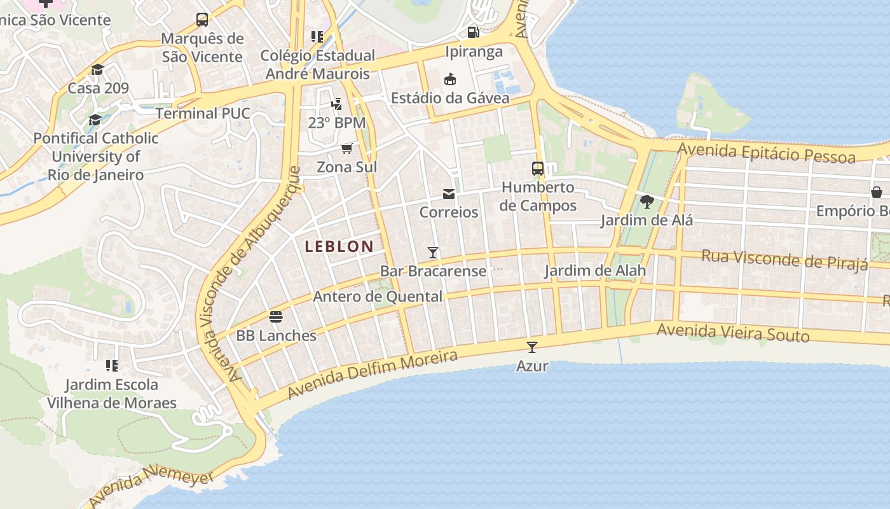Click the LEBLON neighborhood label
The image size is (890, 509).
click(339, 247)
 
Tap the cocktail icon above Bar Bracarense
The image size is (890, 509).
click(433, 253)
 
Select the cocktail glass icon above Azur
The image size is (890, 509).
click(532, 347)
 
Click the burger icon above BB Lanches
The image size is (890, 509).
click(276, 316)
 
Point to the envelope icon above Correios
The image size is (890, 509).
click(449, 193)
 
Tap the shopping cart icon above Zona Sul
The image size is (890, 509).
click(346, 148)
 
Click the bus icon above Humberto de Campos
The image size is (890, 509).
click(538, 169)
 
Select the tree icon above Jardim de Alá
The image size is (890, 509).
click(647, 202)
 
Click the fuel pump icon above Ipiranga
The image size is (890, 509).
click(474, 32)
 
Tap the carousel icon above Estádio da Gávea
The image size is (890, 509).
click(450, 79)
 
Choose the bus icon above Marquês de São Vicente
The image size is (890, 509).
click(202, 20)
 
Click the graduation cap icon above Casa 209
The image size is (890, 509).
click(97, 69)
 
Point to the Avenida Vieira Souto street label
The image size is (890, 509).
click(733, 332)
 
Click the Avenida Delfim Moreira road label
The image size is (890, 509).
click(373, 374)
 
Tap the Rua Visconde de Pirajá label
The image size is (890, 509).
click(784, 259)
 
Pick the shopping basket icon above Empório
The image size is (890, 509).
click(877, 192)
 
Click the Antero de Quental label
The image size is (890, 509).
click(378, 296)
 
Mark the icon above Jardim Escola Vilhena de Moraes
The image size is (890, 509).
click(112, 365)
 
